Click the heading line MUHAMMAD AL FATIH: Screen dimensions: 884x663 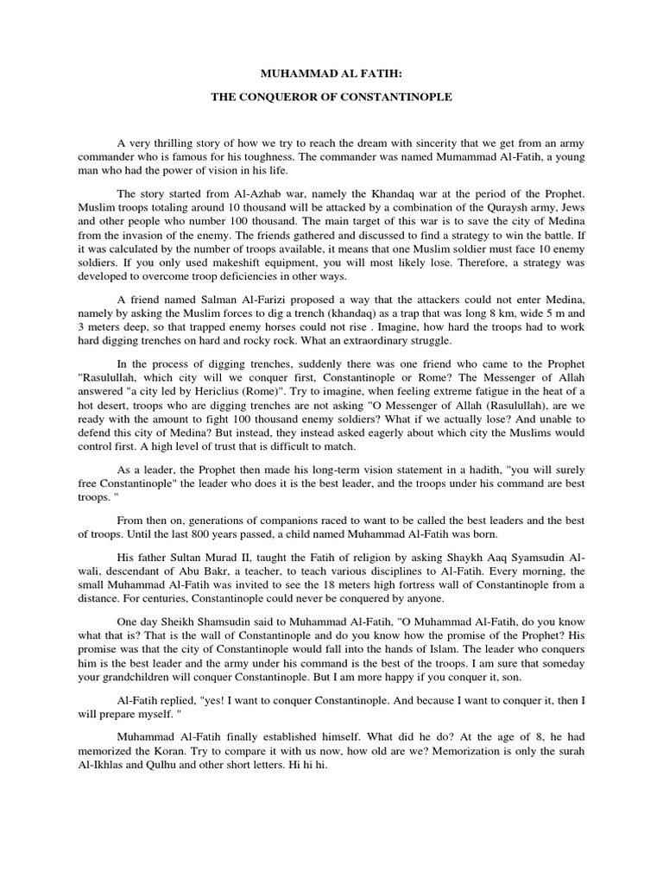pyautogui.click(x=331, y=75)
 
